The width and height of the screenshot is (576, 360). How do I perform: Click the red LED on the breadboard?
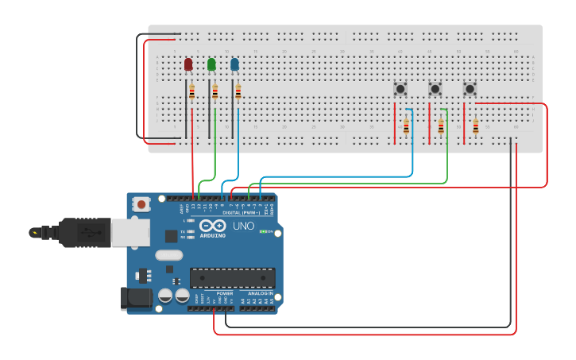click(x=188, y=64)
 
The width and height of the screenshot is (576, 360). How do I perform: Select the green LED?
click(x=211, y=64)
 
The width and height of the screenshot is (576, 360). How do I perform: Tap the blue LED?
click(x=234, y=64)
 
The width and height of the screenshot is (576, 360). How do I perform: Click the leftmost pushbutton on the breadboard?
click(x=401, y=89)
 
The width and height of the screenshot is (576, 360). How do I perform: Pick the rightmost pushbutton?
click(x=470, y=89)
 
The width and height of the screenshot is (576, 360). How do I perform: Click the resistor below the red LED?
click(x=191, y=93)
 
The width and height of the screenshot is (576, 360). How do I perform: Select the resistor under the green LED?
click(x=215, y=93)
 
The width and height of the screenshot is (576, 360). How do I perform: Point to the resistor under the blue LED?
click(x=238, y=93)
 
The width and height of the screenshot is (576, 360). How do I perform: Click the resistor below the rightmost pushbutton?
click(x=476, y=126)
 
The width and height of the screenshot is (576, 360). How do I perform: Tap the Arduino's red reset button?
click(x=141, y=204)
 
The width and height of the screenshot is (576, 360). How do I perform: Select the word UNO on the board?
click(x=243, y=226)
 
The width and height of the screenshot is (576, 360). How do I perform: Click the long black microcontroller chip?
click(x=232, y=278)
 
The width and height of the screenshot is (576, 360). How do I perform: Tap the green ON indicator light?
click(x=263, y=232)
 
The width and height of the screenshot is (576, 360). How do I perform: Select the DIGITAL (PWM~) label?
click(x=242, y=213)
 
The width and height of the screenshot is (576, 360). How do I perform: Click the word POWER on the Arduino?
click(x=225, y=293)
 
